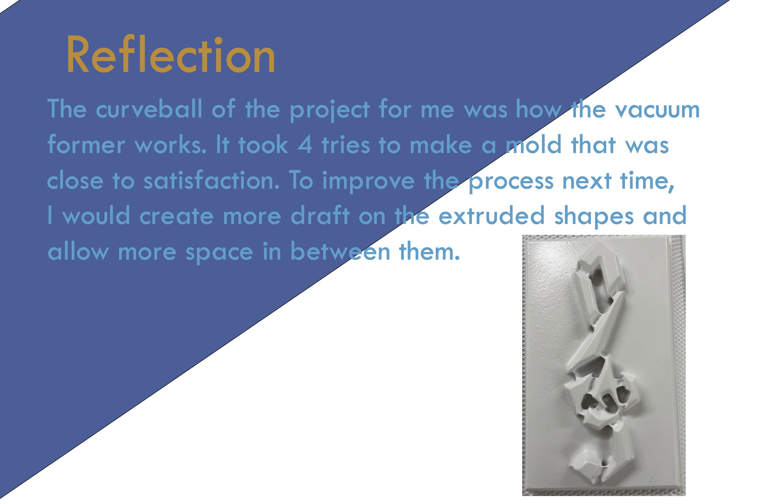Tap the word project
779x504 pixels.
pyautogui.click(x=330, y=110)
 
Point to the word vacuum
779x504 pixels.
pyautogui.click(x=657, y=110)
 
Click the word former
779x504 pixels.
pyautogui.click(x=86, y=144)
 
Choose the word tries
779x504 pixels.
pyautogui.click(x=346, y=145)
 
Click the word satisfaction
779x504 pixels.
pyautogui.click(x=212, y=180)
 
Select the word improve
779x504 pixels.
pyautogui.click(x=368, y=182)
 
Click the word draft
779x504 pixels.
pyautogui.click(x=320, y=215)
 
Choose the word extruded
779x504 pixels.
pyautogui.click(x=492, y=215)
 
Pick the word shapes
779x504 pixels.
pyautogui.click(x=594, y=216)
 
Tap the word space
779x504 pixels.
pyautogui.click(x=219, y=253)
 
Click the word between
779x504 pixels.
pyautogui.click(x=340, y=251)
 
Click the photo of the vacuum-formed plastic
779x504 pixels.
pyautogui.click(x=604, y=366)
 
